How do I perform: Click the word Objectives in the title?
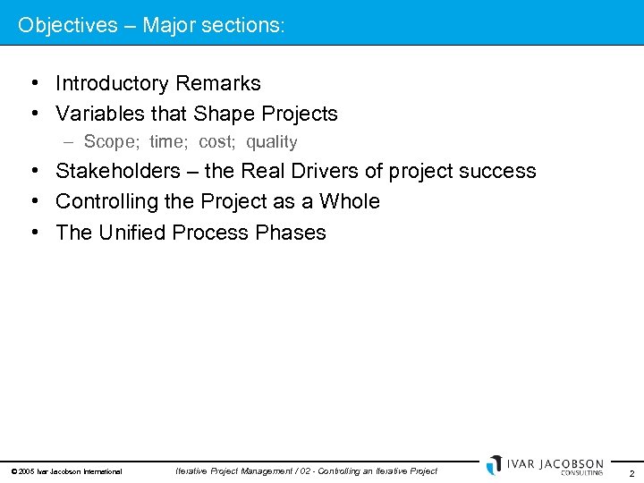pyautogui.click(x=68, y=25)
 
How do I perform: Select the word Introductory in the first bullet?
pyautogui.click(x=113, y=83)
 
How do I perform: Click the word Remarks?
pyautogui.click(x=218, y=83)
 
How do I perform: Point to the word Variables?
pyautogui.click(x=97, y=114)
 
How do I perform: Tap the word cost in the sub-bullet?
pyautogui.click(x=216, y=141)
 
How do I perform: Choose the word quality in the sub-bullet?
pyautogui.click(x=272, y=141)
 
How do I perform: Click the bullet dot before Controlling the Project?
pyautogui.click(x=32, y=201)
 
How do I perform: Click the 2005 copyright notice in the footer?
pyautogui.click(x=66, y=471)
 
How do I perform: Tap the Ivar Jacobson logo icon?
pyautogui.click(x=495, y=465)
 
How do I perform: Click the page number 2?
pyautogui.click(x=631, y=472)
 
